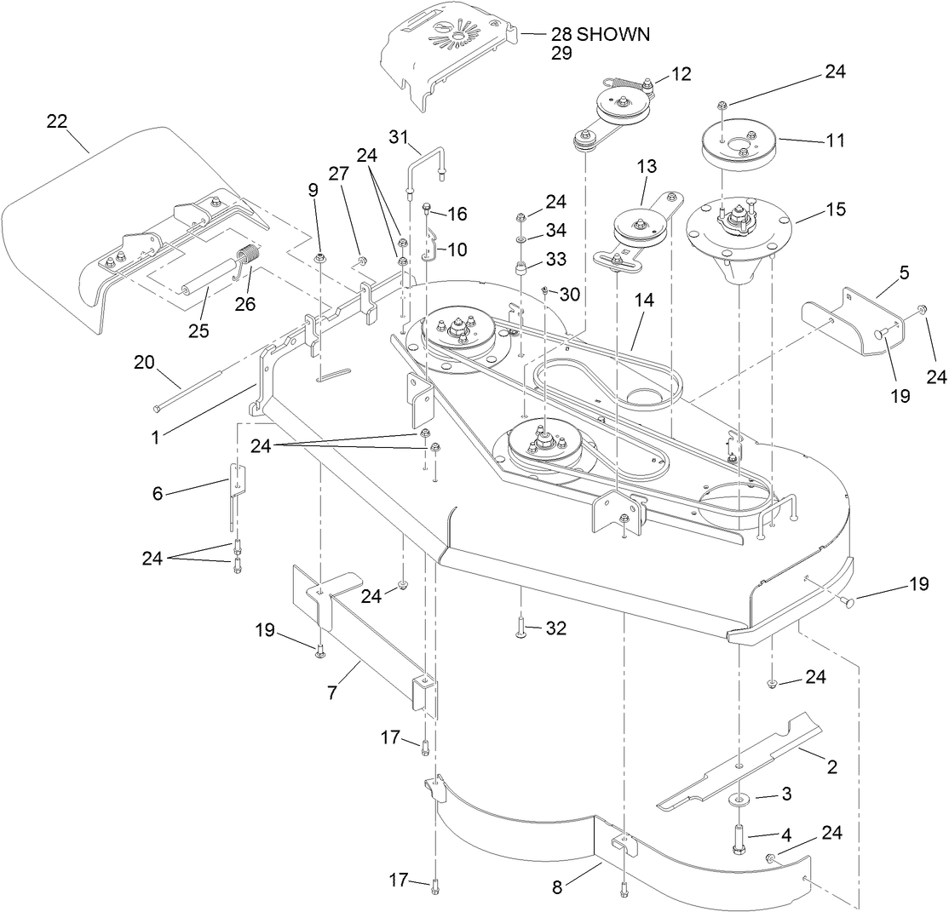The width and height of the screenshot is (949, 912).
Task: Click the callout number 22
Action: (56, 122)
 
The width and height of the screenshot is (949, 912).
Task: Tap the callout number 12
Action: (681, 74)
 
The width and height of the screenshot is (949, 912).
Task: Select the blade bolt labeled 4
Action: (738, 839)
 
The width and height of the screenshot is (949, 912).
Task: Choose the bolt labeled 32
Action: (521, 629)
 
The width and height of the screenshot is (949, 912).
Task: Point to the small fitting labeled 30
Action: (544, 294)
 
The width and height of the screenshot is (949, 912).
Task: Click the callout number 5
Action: (903, 273)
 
